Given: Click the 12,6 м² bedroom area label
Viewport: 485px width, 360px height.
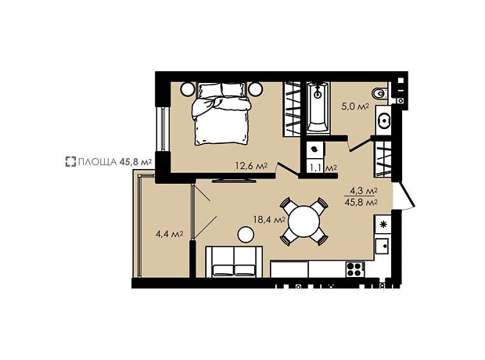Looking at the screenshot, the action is coord(251,166).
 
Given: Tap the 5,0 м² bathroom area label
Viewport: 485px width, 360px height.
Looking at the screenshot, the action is coord(355,106).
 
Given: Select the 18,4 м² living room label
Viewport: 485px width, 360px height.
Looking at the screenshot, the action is coord(269,220).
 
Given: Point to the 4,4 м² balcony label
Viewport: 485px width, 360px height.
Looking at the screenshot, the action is coord(169,234).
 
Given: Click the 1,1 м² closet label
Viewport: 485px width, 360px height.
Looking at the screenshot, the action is coord(323,168).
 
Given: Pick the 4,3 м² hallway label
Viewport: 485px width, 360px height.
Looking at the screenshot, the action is coord(364,191).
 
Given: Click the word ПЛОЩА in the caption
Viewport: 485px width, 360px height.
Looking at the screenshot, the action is coord(98,161).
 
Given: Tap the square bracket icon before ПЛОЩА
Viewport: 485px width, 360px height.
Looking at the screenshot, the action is coord(70,161).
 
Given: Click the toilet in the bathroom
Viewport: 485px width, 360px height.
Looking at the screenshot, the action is coord(379,93).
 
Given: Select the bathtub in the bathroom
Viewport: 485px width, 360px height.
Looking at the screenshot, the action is coord(318,108).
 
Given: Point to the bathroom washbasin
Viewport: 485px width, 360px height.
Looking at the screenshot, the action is coord(384,120).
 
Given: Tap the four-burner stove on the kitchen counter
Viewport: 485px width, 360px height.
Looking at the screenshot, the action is coord(355,269).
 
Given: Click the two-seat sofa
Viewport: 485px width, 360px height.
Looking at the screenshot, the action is coord(234,262).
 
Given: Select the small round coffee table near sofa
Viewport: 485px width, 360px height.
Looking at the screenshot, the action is coord(246,234).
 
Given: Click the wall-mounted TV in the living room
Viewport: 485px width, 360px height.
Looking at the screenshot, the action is coord(234,180).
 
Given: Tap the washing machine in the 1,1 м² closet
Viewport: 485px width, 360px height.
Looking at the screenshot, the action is coord(314,149).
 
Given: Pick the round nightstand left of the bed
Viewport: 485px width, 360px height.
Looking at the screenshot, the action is coord(188,89).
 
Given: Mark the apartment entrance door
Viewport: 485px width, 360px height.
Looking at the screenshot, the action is coord(405,196).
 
